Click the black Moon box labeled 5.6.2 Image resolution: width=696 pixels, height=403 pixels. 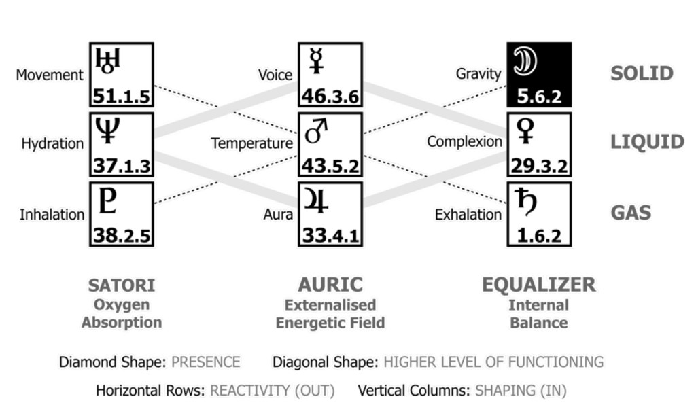tap(539, 75)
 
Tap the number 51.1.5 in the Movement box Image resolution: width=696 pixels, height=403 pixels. tap(121, 97)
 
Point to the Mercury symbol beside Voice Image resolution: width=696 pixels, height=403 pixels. tap(315, 60)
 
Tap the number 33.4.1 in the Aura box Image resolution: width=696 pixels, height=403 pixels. tap(330, 236)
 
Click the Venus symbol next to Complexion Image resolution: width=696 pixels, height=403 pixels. tap(526, 130)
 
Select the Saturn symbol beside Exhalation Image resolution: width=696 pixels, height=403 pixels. tap(525, 202)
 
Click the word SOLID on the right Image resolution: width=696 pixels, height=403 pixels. tap(641, 73)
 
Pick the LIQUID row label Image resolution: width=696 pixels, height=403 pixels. tap(646, 142)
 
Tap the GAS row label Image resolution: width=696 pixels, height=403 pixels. tap(630, 212)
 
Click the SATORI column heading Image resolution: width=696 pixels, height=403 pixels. tap(122, 285)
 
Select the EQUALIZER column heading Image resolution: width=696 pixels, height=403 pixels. tap(538, 285)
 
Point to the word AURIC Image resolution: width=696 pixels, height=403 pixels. tap(330, 285)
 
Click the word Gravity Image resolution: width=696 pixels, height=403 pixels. tap(478, 73)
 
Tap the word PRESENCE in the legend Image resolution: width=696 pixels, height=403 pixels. tap(205, 362)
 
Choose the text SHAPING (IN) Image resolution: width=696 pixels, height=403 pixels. tap(522, 391)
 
